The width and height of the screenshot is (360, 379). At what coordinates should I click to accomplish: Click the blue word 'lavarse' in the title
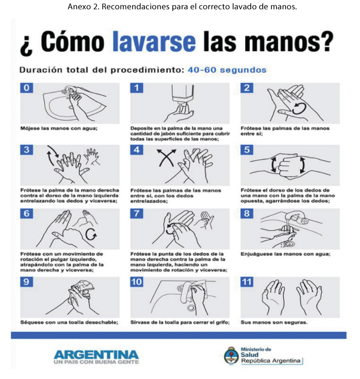154,42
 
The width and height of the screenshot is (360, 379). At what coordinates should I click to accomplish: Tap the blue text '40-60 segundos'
227,70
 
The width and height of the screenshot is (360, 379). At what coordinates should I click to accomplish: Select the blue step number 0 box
26,88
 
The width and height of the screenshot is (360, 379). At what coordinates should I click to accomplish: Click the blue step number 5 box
247,149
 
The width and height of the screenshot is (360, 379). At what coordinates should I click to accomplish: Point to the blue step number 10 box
137,282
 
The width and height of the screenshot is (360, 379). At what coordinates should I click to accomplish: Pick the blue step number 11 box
247,282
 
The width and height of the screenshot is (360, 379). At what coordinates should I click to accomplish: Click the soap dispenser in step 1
183,97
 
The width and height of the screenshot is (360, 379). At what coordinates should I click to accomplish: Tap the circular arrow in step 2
299,108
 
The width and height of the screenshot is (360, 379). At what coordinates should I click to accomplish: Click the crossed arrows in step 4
166,158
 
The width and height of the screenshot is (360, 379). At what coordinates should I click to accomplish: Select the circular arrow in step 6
91,234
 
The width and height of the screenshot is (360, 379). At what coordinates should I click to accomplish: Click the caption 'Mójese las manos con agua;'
59,129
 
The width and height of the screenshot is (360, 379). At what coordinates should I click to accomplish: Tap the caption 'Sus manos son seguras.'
274,322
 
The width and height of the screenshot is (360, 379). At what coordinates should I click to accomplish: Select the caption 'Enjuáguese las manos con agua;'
285,255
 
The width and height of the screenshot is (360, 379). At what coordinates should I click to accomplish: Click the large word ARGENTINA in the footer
96,355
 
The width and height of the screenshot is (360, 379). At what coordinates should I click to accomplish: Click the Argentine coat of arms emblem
231,356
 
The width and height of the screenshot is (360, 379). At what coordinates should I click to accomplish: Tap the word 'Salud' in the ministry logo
250,355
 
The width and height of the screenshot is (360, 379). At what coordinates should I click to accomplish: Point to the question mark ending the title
327,42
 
